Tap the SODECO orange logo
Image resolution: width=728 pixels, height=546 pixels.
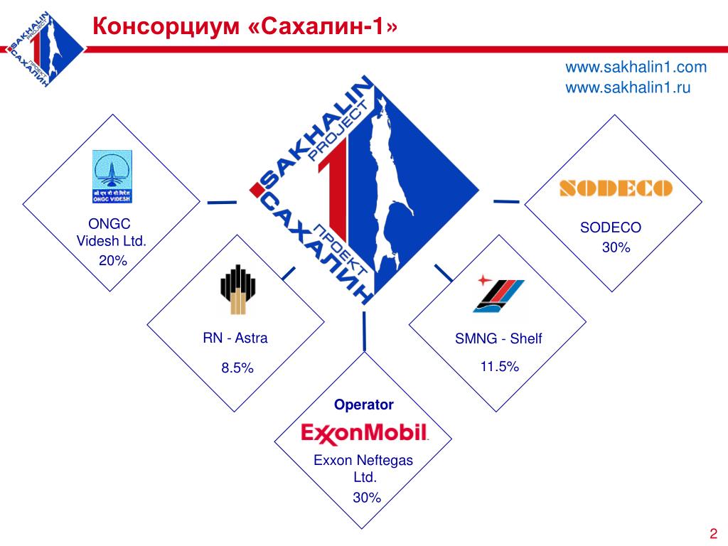[x=616, y=188]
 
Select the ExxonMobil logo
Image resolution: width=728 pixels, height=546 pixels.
[x=364, y=432]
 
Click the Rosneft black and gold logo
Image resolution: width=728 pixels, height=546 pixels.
[x=235, y=289]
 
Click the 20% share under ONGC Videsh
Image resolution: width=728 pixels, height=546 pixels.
[x=112, y=261]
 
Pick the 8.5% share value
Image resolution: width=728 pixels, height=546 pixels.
[x=237, y=368]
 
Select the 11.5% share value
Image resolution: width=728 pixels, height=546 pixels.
[x=500, y=366]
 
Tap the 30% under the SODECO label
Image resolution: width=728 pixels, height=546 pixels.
[x=616, y=247]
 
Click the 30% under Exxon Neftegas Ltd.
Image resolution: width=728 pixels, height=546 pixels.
[x=367, y=498]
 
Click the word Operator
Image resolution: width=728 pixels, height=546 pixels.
[x=364, y=405]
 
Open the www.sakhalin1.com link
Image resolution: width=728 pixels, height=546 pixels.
[x=636, y=68]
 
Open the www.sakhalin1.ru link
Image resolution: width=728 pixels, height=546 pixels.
[x=628, y=87]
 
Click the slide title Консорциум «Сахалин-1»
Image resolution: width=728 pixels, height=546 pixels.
[x=246, y=26]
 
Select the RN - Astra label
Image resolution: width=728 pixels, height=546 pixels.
[x=235, y=338]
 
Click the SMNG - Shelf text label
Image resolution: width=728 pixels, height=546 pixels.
[x=498, y=338]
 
